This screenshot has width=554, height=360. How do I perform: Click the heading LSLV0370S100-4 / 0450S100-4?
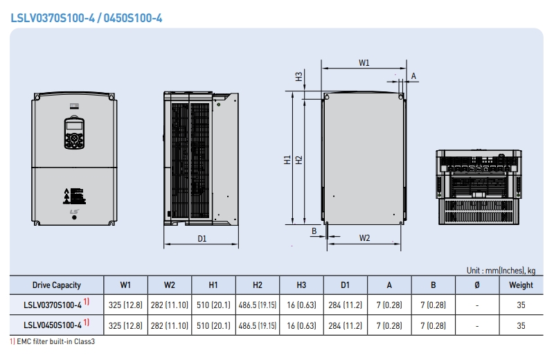click(x=87, y=17)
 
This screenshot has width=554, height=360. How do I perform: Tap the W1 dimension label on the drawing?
click(x=364, y=63)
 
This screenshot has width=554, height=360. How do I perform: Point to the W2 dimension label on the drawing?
click(x=365, y=237)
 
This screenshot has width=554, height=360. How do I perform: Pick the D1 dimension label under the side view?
click(x=202, y=238)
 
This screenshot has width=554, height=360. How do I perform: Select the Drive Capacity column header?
click(x=56, y=285)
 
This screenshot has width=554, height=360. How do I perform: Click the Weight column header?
click(x=521, y=285)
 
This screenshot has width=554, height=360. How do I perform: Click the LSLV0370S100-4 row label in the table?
click(x=53, y=305)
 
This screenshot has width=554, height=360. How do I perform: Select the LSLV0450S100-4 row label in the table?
click(x=53, y=325)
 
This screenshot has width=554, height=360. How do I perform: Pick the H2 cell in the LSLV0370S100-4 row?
click(x=258, y=305)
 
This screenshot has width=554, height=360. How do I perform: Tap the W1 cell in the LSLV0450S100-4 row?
click(x=125, y=325)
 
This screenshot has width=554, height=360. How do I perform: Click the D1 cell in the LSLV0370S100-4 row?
click(x=346, y=305)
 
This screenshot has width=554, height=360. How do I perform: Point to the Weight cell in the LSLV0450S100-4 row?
click(x=521, y=325)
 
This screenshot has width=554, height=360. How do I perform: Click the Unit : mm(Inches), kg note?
click(x=501, y=270)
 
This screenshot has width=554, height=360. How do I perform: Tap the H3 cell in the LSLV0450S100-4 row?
click(x=301, y=325)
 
